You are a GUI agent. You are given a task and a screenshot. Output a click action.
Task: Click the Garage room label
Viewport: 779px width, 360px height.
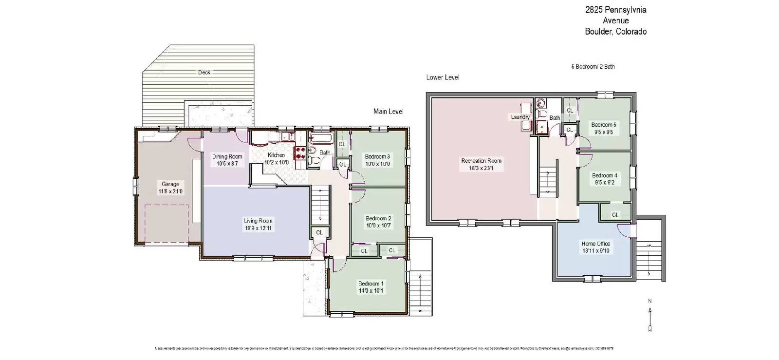click(x=170, y=184)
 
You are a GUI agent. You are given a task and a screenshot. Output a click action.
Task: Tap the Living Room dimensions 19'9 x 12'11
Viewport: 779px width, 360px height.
click(x=258, y=227)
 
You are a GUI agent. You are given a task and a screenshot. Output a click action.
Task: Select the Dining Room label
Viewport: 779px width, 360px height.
click(x=227, y=157)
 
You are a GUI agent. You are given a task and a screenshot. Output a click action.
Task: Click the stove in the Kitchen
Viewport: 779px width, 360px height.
click(x=300, y=153)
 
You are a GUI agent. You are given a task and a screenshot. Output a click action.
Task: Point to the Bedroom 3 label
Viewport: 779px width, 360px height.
click(x=377, y=157)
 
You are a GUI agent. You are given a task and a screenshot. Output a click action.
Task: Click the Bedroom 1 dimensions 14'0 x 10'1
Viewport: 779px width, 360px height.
click(x=371, y=291)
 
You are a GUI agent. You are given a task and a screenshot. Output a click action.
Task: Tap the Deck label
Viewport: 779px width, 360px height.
click(x=204, y=73)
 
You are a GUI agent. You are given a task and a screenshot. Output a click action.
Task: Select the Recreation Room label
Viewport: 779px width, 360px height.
click(x=481, y=161)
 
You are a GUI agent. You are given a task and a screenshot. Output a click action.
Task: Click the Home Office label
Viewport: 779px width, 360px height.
click(x=595, y=244)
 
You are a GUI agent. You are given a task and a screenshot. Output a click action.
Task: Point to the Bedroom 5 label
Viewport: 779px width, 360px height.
click(x=604, y=125)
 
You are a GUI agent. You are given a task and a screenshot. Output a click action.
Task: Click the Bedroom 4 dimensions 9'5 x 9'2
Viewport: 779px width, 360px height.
click(x=605, y=183)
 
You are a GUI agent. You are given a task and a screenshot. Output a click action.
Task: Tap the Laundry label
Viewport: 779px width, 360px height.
click(x=520, y=117)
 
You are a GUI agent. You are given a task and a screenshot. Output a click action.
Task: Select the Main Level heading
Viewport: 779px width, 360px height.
click(x=388, y=112)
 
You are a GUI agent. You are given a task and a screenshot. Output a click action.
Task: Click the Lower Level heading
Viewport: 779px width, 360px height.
click(x=443, y=77)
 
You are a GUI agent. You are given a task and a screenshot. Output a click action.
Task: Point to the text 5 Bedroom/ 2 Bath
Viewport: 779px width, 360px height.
click(x=593, y=67)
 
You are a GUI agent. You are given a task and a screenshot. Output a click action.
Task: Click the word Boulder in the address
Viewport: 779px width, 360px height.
click(x=599, y=32)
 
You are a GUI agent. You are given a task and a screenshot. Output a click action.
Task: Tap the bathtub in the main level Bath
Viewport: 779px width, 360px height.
click(x=321, y=139)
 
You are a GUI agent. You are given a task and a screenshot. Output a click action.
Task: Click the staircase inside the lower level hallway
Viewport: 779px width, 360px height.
click(x=548, y=181)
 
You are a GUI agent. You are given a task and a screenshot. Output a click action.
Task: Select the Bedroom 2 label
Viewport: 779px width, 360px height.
click(x=378, y=219)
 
